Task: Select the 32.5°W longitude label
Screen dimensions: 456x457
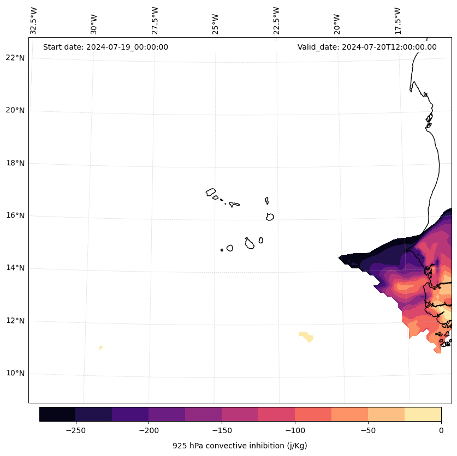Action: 34,21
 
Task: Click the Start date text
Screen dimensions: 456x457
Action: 105,47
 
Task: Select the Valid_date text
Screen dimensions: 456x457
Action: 367,47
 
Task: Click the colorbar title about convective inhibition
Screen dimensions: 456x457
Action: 240,446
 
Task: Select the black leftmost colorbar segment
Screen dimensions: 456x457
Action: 57,414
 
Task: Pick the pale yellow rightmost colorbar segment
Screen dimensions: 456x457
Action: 423,414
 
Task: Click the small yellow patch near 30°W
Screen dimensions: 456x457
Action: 101,347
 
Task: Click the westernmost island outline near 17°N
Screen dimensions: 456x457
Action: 211,192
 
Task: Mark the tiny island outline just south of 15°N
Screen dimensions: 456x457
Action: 222,250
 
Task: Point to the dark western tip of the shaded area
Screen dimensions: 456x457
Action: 342,257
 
